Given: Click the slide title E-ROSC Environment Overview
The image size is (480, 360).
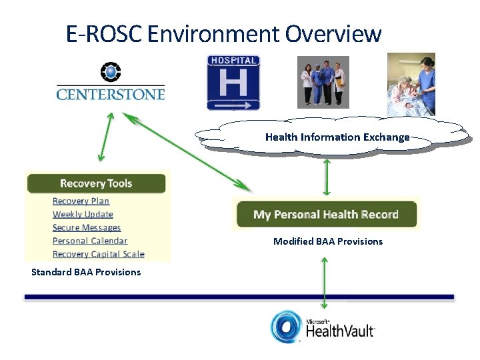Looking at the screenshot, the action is [223, 33].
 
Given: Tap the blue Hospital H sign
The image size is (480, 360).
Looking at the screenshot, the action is [233, 82].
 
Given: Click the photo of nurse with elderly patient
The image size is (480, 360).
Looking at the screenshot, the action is [411, 85].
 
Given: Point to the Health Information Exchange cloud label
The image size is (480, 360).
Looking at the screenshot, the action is [337, 137].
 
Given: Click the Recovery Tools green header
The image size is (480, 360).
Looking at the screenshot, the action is [96, 183].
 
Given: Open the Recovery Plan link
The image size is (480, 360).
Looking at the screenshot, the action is [81, 201].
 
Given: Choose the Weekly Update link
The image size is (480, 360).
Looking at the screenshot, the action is [83, 215].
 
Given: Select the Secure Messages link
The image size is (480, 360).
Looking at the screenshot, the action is [87, 228].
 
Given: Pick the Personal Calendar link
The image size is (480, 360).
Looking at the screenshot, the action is [90, 241].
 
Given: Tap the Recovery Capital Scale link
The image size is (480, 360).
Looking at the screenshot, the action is [98, 254].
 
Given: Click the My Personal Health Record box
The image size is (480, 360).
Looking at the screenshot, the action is [326, 215].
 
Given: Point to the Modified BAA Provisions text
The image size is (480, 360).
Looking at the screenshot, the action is [328, 241].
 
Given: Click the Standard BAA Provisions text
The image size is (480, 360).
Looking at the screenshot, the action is [86, 272].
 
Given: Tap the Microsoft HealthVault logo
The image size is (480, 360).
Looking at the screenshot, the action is [323, 327].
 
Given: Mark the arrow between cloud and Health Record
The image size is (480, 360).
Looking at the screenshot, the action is [327, 177].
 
